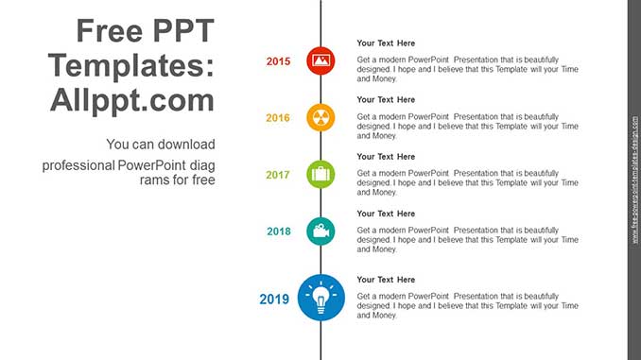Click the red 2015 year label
[279, 61]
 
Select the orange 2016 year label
[278, 118]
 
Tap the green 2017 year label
[278, 175]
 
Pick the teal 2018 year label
[279, 231]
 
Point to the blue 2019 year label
[274, 300]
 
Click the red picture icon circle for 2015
[320, 60]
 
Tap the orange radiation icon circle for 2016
[320, 117]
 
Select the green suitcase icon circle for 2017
[320, 174]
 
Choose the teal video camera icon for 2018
[320, 231]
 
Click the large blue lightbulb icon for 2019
[321, 299]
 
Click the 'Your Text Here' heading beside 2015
[386, 43]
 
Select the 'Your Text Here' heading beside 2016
[386, 99]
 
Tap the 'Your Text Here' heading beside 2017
[386, 157]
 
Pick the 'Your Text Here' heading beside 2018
[386, 214]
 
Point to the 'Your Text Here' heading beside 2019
[386, 280]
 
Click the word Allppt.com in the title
[132, 100]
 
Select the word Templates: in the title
[132, 66]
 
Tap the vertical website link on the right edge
[634, 180]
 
